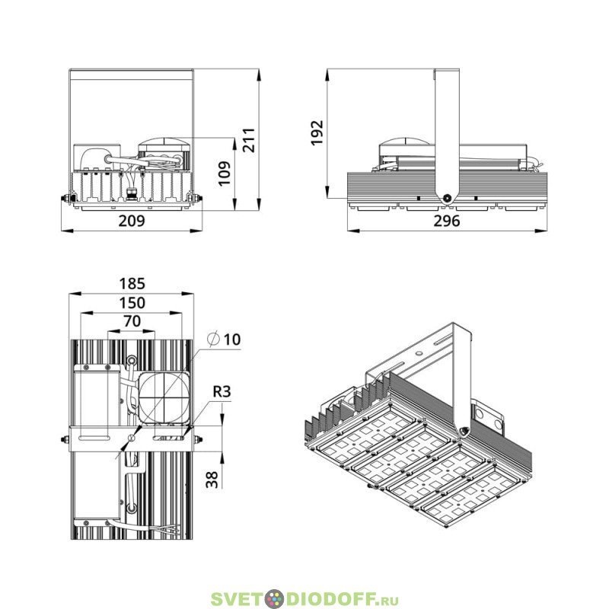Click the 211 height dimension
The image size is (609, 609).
pyautogui.click(x=249, y=140)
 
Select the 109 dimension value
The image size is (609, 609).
pyautogui.click(x=224, y=174)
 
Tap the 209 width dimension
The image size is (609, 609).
pyautogui.click(x=132, y=221)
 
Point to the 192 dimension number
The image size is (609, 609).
pyautogui.click(x=317, y=132)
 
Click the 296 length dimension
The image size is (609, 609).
pyautogui.click(x=447, y=221)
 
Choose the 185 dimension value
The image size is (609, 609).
pyautogui.click(x=132, y=283)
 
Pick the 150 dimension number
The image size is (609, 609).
pyautogui.click(x=132, y=303)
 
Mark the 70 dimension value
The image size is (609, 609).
pyautogui.click(x=132, y=321)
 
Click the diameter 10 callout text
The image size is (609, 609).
pyautogui.click(x=224, y=339)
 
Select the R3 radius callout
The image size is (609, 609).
pyautogui.click(x=222, y=391)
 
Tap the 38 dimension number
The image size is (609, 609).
pyautogui.click(x=212, y=480)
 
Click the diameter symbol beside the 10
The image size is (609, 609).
pyautogui.click(x=213, y=339)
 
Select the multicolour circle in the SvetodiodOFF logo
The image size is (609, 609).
pyautogui.click(x=274, y=598)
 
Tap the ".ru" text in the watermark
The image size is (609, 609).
pyautogui.click(x=388, y=600)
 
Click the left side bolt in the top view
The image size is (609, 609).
pyautogui.click(x=65, y=440)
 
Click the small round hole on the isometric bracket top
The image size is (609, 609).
pyautogui.click(x=419, y=353)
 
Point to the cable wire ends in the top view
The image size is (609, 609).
pyautogui.click(x=170, y=529)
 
